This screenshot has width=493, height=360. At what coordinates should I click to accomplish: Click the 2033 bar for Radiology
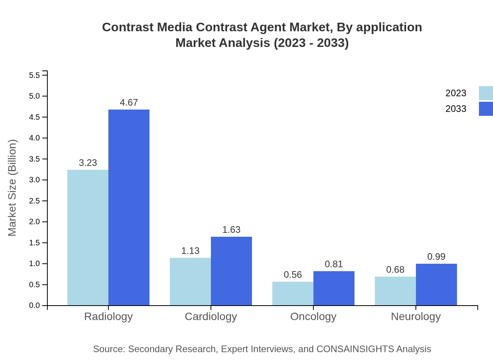pyautogui.click(x=129, y=207)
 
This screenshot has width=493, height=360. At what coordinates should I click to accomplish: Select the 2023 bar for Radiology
pyautogui.click(x=88, y=238)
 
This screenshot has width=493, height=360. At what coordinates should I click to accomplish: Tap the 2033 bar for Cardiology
pyautogui.click(x=231, y=271)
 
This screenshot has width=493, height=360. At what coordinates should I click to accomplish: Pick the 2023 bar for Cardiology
pyautogui.click(x=190, y=281)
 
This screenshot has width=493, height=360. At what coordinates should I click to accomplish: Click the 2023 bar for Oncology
pyautogui.click(x=293, y=293)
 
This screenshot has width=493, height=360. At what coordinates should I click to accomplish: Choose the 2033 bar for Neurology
pyautogui.click(x=436, y=284)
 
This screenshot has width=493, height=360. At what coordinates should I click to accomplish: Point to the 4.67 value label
pyautogui.click(x=129, y=103)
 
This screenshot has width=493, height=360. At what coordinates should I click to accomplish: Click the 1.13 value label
pyautogui.click(x=190, y=251)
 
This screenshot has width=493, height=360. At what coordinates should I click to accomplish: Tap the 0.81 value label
pyautogui.click(x=334, y=264)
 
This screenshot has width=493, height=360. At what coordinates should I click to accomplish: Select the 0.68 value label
pyautogui.click(x=395, y=270)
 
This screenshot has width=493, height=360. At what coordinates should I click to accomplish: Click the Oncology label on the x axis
pyautogui.click(x=313, y=316)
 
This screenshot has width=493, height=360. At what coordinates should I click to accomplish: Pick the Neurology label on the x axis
pyautogui.click(x=416, y=316)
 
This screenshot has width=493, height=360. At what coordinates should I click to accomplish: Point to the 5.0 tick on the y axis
pyautogui.click(x=35, y=96)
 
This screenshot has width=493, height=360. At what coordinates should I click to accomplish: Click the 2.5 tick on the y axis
pyautogui.click(x=35, y=201)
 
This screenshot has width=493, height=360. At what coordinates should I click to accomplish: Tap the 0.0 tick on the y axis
pyautogui.click(x=35, y=306)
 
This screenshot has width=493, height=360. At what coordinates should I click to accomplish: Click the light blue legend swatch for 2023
pyautogui.click(x=486, y=93)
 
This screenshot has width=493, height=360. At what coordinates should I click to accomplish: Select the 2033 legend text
pyautogui.click(x=456, y=109)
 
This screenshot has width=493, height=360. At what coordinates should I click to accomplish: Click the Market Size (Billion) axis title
pyautogui.click(x=13, y=188)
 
